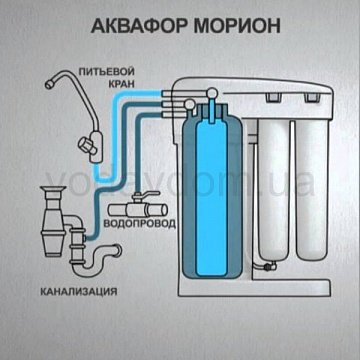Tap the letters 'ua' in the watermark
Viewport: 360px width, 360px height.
tap(296, 183)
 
